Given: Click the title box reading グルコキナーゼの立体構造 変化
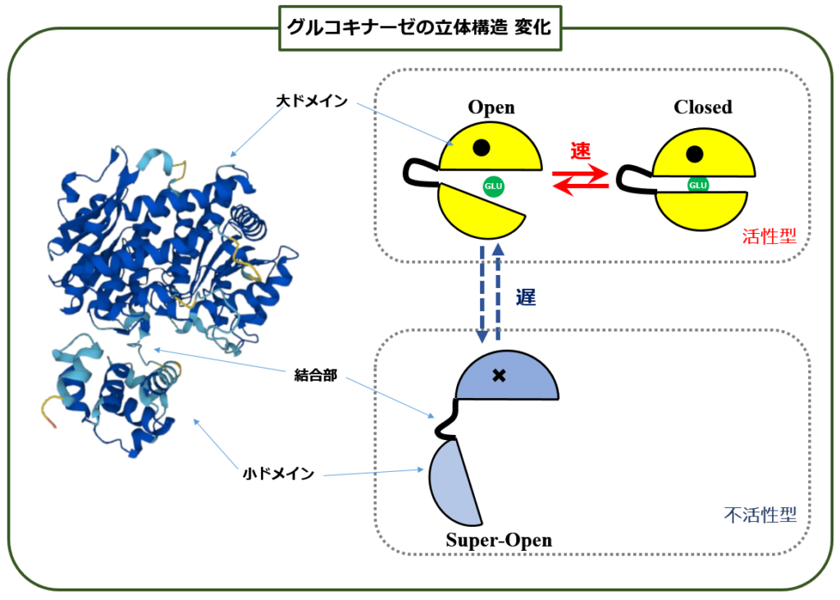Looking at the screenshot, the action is (x=420, y=29).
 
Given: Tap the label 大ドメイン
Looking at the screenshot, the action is (x=312, y=101).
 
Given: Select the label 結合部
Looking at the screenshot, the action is (x=316, y=375).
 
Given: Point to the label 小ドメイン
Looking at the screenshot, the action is (x=278, y=474).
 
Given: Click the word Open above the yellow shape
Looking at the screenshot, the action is (x=491, y=107).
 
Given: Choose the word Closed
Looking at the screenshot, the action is (x=703, y=107).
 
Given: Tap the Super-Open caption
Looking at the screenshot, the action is (x=499, y=540).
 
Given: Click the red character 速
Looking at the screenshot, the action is (x=581, y=151).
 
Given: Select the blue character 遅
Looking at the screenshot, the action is (x=526, y=296).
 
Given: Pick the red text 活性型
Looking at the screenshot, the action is (x=769, y=236).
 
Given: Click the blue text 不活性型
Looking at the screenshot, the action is (x=760, y=515).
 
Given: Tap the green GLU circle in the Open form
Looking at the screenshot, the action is (x=493, y=186).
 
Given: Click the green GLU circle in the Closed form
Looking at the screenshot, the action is (x=698, y=185).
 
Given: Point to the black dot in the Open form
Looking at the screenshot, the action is (x=481, y=147).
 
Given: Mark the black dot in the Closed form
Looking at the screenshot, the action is (x=694, y=153).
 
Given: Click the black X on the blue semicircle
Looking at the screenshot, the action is (x=499, y=375).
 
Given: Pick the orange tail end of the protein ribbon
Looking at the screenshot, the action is (x=52, y=423).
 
